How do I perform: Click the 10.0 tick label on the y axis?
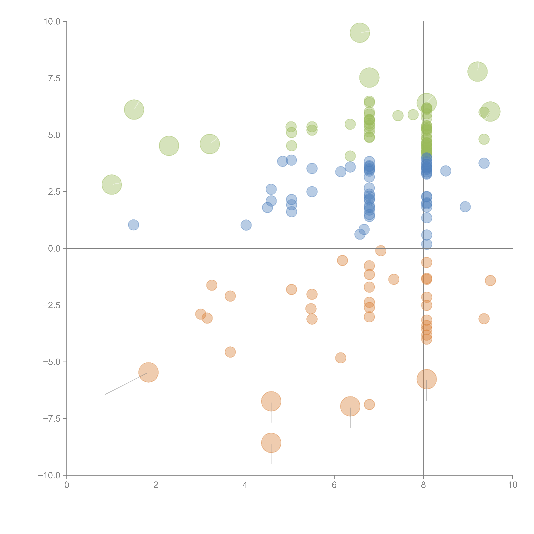(x=52, y=22)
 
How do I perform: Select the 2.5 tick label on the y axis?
(x=54, y=192)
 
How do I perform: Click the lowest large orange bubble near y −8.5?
(x=271, y=443)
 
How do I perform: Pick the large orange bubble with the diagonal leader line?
(x=148, y=372)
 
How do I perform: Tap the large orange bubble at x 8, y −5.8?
(x=426, y=379)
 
